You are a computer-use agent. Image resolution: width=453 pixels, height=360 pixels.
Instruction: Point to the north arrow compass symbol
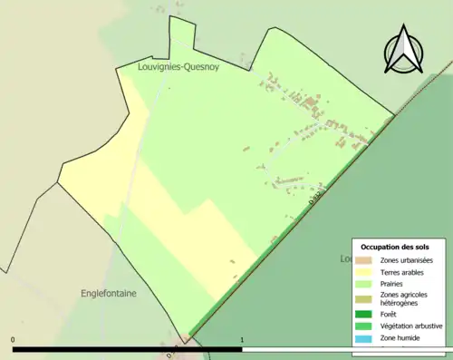pyautogui.click(x=401, y=51)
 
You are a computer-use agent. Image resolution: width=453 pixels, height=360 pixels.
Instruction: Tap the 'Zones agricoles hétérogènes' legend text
pyautogui.click(x=404, y=297)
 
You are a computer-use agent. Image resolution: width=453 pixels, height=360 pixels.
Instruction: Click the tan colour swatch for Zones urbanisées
pyautogui.click(x=364, y=261)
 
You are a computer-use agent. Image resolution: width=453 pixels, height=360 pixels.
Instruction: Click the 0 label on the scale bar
pyautogui.click(x=14, y=340)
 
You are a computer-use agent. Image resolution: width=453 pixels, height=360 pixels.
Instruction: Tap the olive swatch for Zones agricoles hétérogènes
pyautogui.click(x=364, y=297)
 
